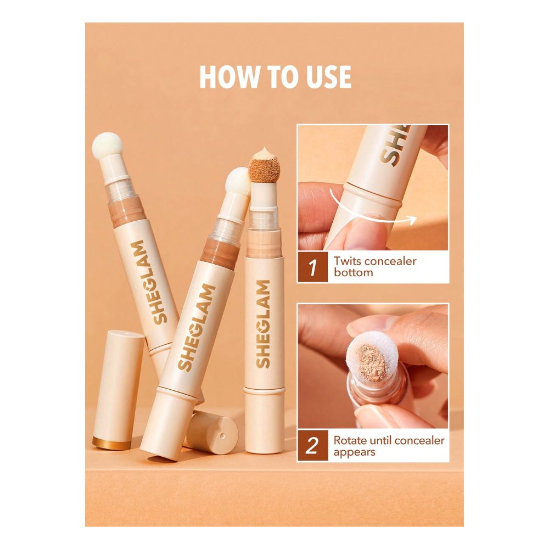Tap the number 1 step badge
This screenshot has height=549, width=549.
(313, 267)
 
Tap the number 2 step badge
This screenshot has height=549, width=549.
(313, 446)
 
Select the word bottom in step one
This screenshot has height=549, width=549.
(353, 272)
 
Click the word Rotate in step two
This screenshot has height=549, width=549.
(350, 440)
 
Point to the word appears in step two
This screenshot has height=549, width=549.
(354, 452)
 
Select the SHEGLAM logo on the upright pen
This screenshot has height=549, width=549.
(264, 324)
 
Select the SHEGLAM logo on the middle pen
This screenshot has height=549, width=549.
(197, 327)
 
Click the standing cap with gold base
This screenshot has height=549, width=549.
(119, 389)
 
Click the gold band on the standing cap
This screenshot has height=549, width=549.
(111, 443)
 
